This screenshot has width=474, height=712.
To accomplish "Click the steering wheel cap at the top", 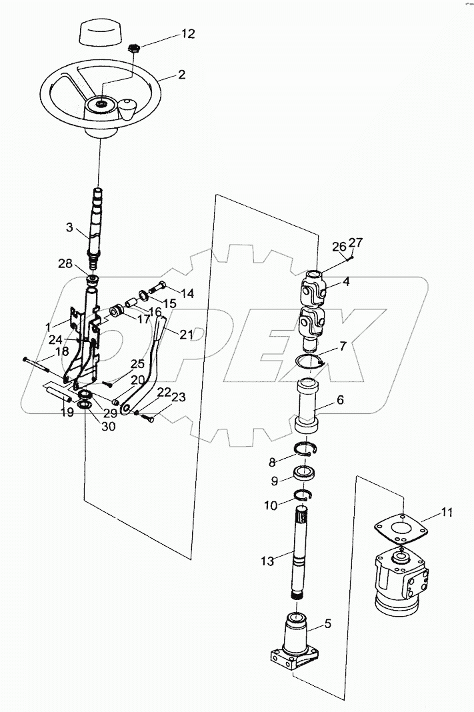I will coord(100,32).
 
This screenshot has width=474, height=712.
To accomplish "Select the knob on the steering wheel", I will coord(127,108).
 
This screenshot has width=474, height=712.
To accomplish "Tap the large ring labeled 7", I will coord(310,363).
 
